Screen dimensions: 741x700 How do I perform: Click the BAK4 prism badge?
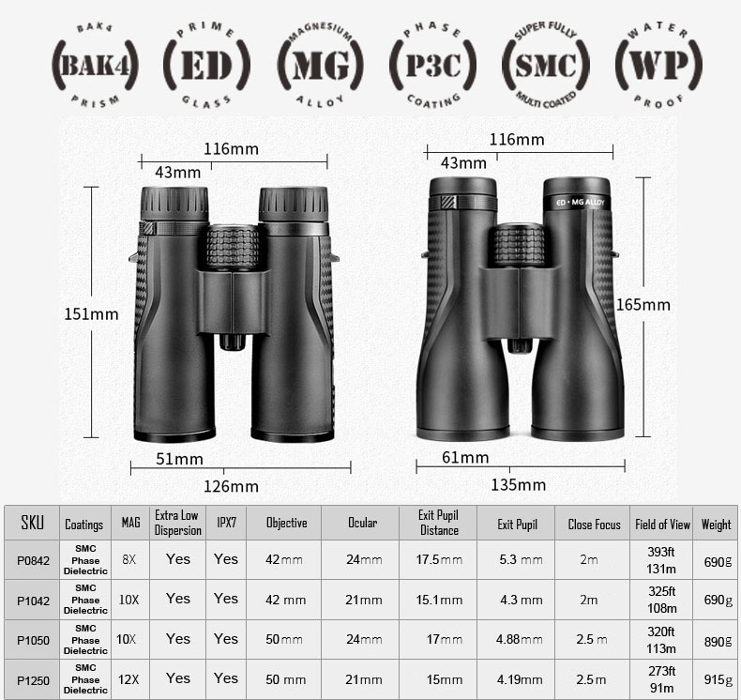(x=95, y=65)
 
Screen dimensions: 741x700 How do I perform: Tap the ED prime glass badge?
(x=206, y=65)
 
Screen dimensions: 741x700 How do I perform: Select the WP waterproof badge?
(x=658, y=65)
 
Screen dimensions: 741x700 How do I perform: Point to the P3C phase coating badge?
(x=432, y=65)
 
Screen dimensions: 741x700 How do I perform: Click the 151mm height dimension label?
(x=91, y=313)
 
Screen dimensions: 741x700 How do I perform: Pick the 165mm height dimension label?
(x=643, y=304)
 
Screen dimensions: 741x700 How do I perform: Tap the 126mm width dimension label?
(x=231, y=486)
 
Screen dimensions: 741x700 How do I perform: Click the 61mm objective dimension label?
(x=465, y=457)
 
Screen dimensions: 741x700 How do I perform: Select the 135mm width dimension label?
(x=519, y=484)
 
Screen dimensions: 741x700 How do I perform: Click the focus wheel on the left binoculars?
(x=233, y=247)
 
